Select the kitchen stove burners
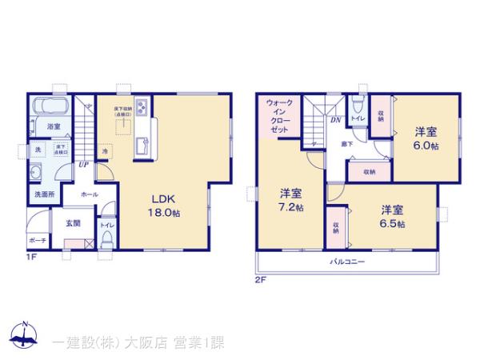tap(142, 108)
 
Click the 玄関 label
tap(71, 223)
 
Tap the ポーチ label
tap(37, 238)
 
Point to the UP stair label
tap(83, 166)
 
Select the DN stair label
tap(335, 120)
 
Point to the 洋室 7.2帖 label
tap(291, 201)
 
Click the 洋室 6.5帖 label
tap(392, 217)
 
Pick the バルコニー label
tap(347, 262)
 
